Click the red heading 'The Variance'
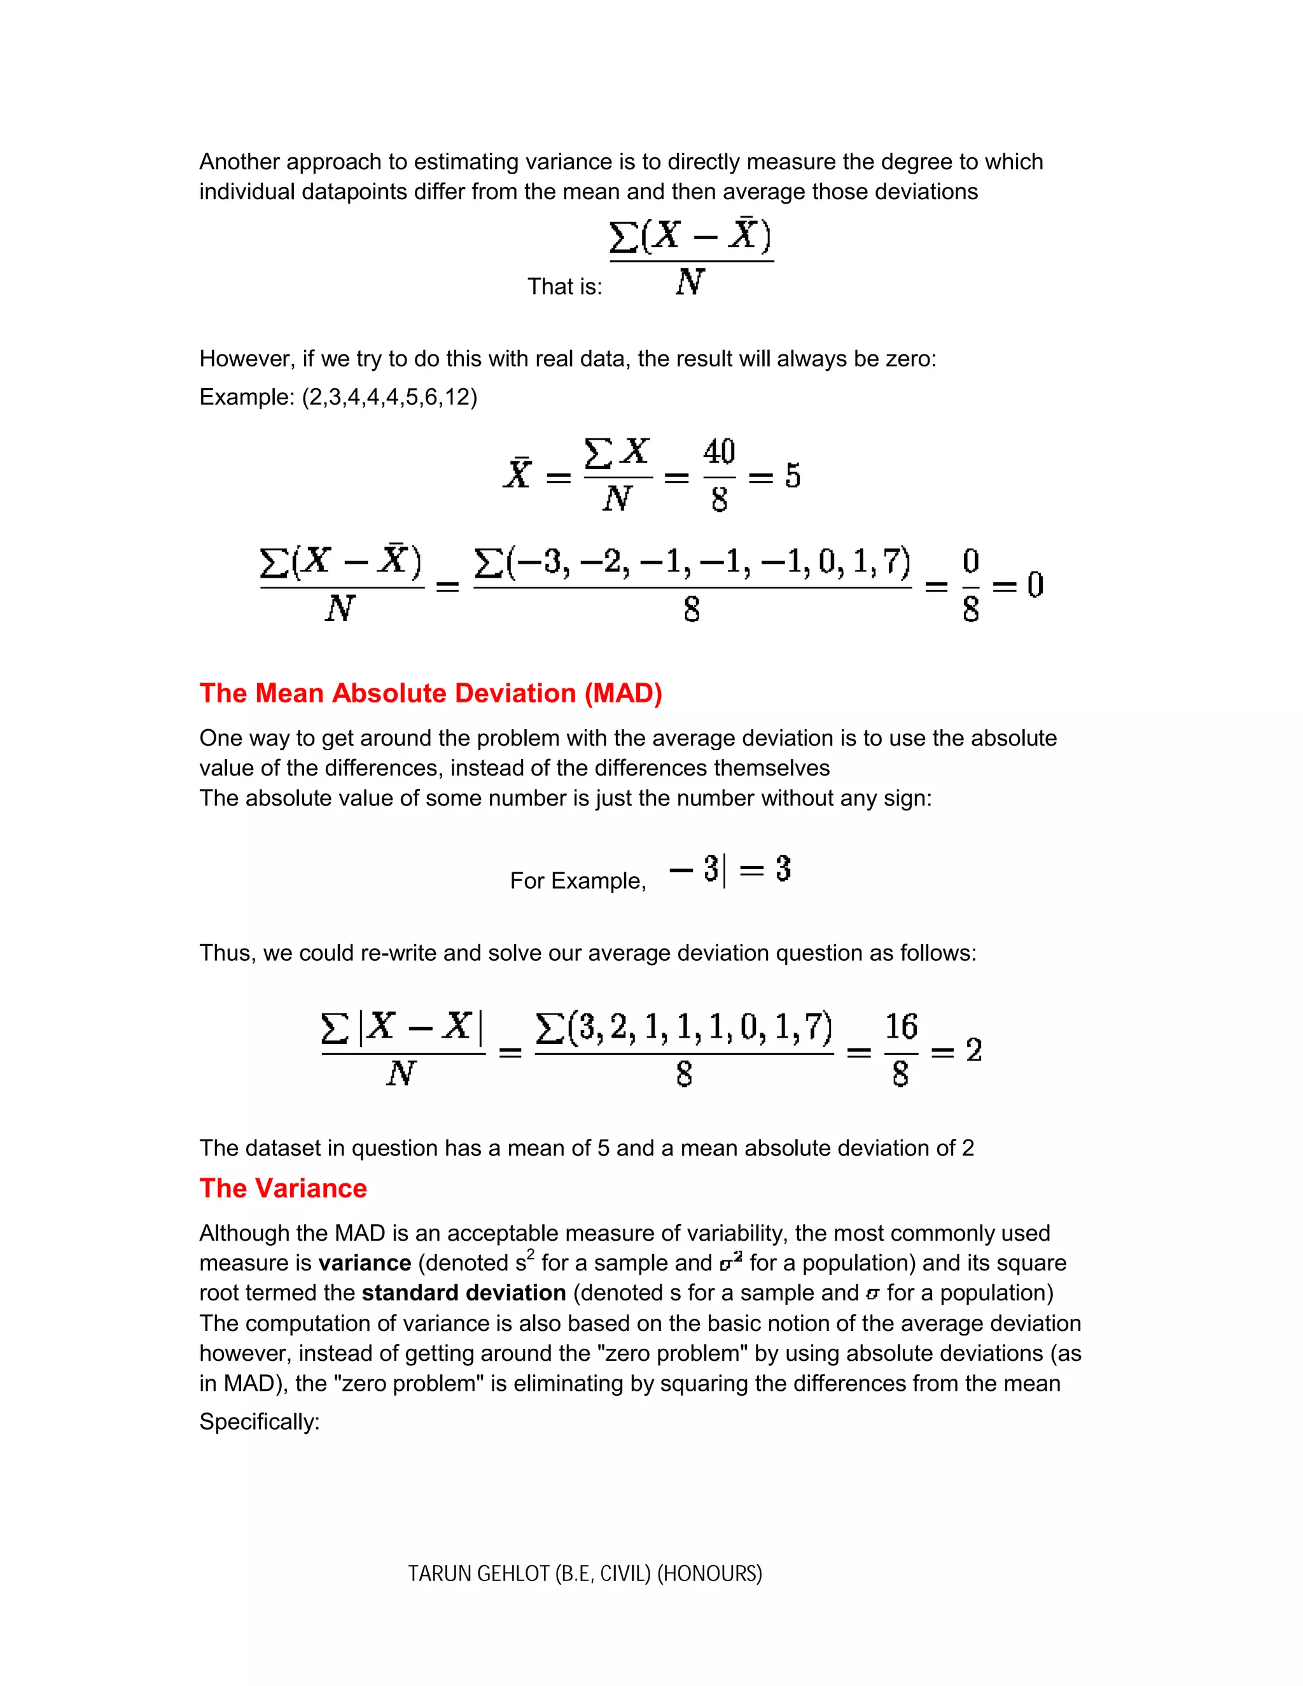coord(282,1188)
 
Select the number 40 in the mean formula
coord(719,452)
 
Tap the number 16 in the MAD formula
coord(901,1027)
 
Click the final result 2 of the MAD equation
coord(973,1050)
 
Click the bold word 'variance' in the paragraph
coord(365,1263)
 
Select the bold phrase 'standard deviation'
coord(464,1293)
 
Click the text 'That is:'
coord(564,286)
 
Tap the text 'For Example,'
coord(578,881)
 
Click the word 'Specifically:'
coord(260,1421)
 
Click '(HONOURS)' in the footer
coord(709,1573)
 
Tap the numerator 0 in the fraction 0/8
coord(971,561)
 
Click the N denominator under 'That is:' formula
coord(689,282)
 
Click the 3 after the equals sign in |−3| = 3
coord(783,869)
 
